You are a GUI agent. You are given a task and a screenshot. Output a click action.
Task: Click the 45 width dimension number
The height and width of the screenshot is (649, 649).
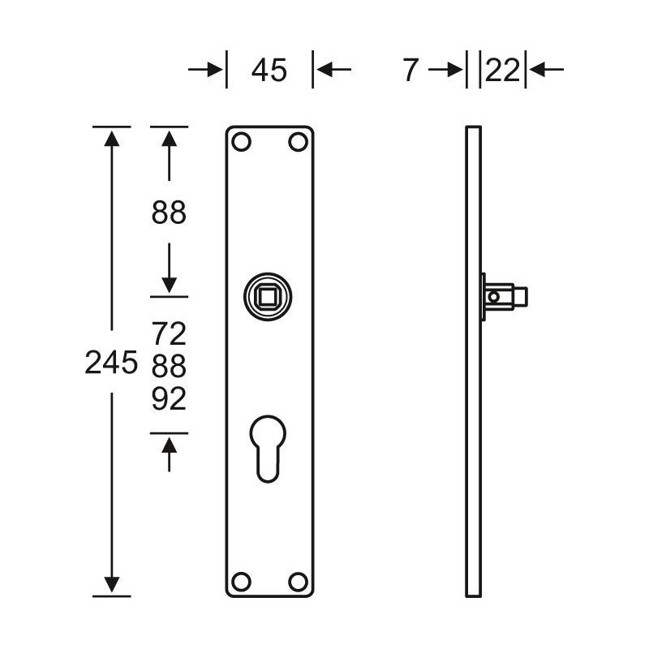click(269, 70)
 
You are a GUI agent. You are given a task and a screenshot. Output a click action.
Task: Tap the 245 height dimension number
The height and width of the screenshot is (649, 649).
click(111, 362)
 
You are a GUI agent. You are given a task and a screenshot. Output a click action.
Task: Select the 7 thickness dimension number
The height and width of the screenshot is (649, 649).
click(410, 70)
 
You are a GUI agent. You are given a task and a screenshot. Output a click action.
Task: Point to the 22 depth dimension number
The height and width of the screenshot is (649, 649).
click(502, 70)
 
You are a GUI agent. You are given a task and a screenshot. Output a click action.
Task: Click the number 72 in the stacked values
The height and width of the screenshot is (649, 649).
click(169, 333)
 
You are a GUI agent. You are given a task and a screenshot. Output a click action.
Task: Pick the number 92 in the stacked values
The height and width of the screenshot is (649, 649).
click(169, 398)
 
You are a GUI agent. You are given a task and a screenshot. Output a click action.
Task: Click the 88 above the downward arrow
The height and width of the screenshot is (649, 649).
click(169, 213)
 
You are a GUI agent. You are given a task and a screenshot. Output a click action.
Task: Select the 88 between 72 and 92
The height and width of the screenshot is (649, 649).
click(169, 367)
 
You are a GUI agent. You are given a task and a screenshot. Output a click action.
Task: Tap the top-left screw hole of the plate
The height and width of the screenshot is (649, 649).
click(241, 142)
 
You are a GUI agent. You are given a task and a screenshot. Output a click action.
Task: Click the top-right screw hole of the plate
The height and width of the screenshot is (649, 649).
click(298, 142)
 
